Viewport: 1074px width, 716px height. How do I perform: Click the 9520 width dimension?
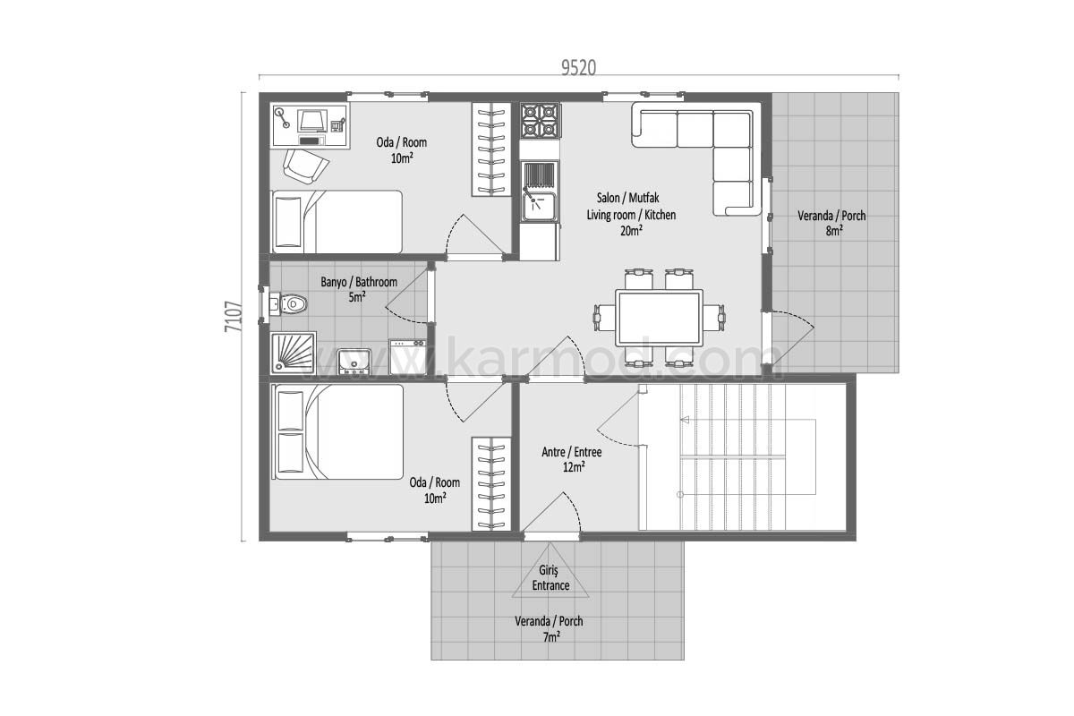[579, 68]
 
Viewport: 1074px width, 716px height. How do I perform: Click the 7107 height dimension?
[233, 317]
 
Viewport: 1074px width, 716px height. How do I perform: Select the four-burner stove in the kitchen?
[541, 120]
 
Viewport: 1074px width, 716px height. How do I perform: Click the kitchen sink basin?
[541, 207]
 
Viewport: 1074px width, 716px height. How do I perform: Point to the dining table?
[660, 318]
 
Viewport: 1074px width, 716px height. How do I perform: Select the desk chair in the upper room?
[305, 166]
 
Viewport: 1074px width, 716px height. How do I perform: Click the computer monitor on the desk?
[312, 121]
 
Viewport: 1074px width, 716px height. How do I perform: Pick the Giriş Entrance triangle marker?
[550, 573]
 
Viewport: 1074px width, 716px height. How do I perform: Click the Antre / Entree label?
[572, 452]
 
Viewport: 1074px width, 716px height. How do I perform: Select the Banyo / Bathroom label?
[359, 282]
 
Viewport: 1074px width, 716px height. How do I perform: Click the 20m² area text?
[632, 231]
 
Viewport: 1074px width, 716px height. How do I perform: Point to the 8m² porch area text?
[834, 231]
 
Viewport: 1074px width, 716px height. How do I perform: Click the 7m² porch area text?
[551, 637]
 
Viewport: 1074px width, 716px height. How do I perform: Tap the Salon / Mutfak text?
[627, 198]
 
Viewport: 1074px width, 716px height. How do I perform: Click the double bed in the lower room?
[337, 432]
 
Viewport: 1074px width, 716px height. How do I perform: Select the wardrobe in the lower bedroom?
[491, 484]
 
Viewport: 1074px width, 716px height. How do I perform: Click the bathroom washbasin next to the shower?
[354, 362]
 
